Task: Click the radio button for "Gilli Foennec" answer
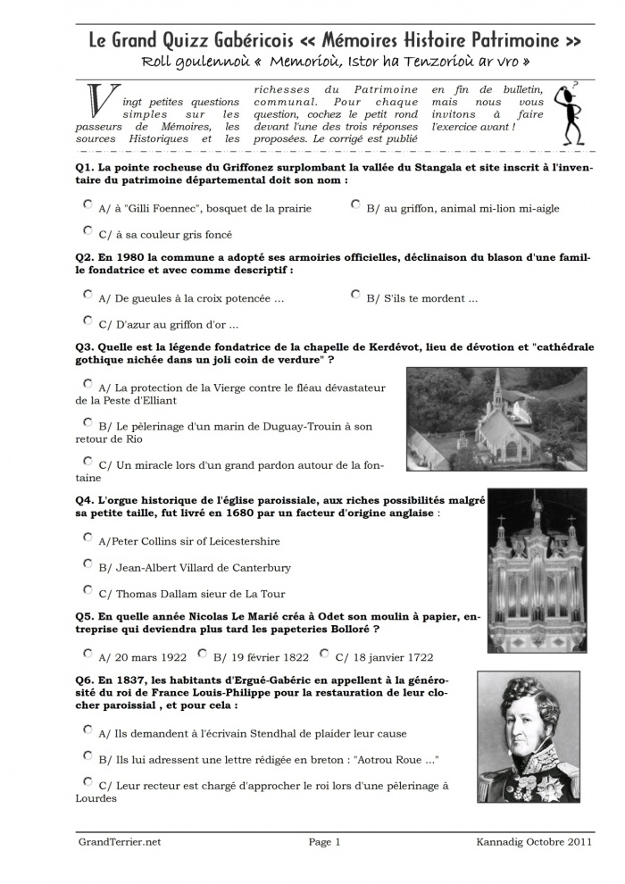[x=87, y=204]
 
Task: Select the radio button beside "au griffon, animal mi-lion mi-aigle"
[x=355, y=204]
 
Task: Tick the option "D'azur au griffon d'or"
[x=87, y=321]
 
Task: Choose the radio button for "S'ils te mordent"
[x=355, y=294]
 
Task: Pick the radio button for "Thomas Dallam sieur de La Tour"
[x=87, y=589]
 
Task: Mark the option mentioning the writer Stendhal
[x=87, y=730]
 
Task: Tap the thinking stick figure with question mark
[x=569, y=113]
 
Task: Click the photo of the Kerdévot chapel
[x=496, y=419]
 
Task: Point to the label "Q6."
[x=86, y=680]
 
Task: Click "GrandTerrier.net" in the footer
[x=120, y=841]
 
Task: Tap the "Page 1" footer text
[x=325, y=841]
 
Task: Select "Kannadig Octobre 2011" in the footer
[x=534, y=841]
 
